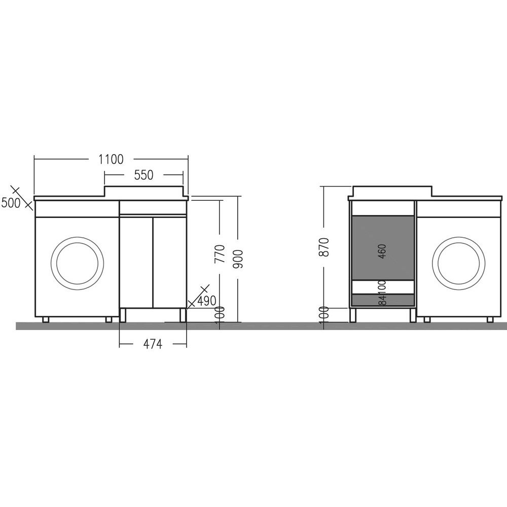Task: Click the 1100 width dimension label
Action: pyautogui.click(x=111, y=159)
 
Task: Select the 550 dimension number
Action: pyautogui.click(x=143, y=175)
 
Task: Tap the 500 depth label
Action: pyautogui.click(x=11, y=203)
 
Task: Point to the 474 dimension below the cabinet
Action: pyautogui.click(x=153, y=344)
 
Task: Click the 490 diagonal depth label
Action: pyautogui.click(x=207, y=301)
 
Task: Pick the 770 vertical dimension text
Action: pyautogui.click(x=220, y=254)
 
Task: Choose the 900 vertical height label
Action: pyautogui.click(x=238, y=259)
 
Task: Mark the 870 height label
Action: pyautogui.click(x=323, y=247)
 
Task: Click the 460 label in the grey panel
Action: pyautogui.click(x=382, y=251)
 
